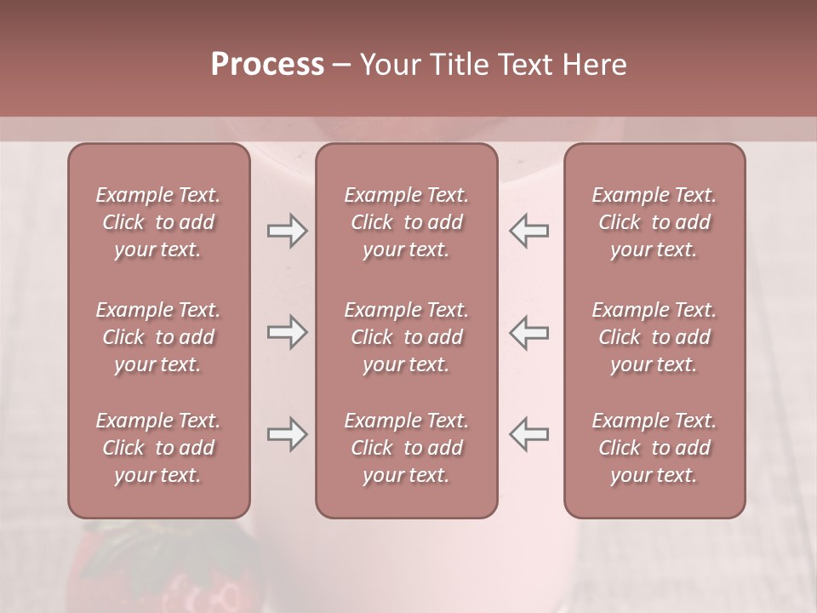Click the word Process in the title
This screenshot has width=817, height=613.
point(267,65)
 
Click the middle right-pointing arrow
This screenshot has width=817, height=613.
point(287,332)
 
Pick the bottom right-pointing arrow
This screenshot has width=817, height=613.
point(287,434)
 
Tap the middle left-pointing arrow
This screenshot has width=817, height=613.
point(528,332)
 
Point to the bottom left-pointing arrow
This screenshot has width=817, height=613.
point(528,434)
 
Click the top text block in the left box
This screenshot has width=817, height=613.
point(158,222)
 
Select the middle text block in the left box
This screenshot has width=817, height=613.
point(158,337)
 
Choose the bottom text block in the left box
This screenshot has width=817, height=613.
point(158,448)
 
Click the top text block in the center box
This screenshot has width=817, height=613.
point(406,222)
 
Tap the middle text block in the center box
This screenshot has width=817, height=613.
point(406,337)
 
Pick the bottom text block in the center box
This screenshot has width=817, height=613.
point(406,448)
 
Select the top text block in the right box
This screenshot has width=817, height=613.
point(654,222)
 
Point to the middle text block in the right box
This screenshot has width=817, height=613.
point(654,337)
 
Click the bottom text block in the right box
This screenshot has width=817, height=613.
point(654,448)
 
